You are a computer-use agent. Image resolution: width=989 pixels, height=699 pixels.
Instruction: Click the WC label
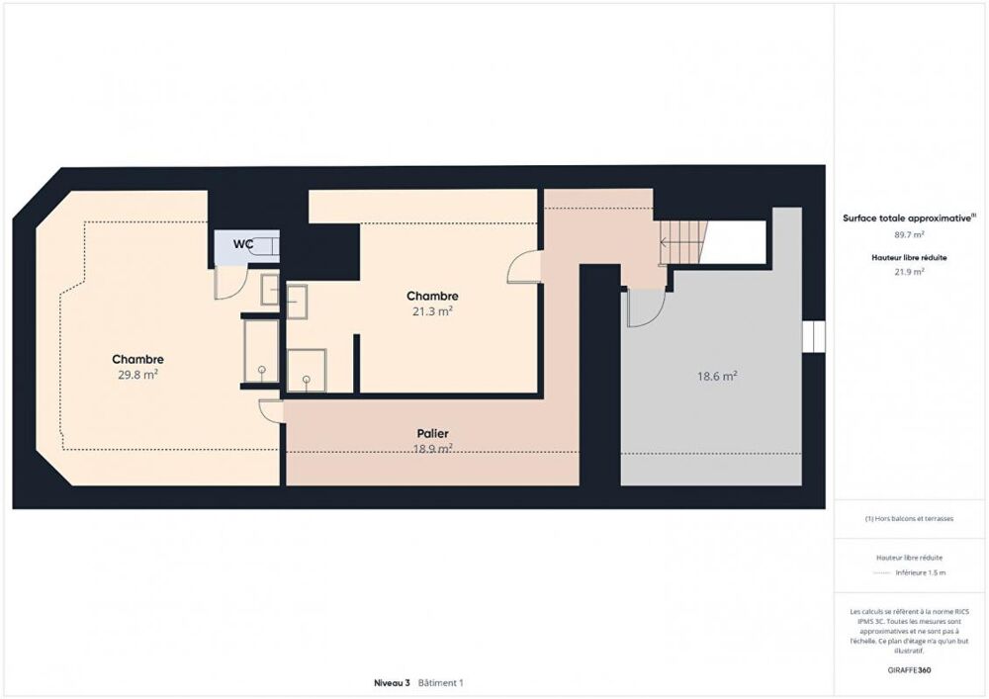click(243, 243)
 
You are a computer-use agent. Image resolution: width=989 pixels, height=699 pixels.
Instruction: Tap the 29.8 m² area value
click(137, 375)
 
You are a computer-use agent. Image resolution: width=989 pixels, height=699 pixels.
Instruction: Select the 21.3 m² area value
click(432, 311)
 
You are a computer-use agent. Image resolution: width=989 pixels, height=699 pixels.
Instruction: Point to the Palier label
click(432, 433)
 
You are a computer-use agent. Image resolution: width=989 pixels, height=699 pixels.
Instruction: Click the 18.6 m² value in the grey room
click(718, 376)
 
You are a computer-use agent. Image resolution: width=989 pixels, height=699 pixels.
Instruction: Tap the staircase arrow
click(682, 242)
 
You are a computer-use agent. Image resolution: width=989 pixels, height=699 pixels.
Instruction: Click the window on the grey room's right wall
click(812, 336)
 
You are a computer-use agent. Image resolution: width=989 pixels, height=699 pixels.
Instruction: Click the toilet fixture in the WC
click(265, 247)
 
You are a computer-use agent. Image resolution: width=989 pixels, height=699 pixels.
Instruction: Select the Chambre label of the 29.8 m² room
click(137, 359)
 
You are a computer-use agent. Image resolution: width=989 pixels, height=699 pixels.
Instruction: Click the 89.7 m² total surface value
click(910, 234)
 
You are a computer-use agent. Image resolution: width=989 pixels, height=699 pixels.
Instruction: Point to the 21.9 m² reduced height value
click(910, 271)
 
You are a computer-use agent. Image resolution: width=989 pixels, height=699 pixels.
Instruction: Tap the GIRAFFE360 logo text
click(910, 669)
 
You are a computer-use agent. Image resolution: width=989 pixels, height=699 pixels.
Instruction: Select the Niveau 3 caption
click(392, 683)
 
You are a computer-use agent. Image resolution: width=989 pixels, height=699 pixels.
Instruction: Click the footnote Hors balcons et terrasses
click(910, 518)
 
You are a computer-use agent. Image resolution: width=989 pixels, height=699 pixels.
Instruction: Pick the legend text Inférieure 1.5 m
click(920, 572)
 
